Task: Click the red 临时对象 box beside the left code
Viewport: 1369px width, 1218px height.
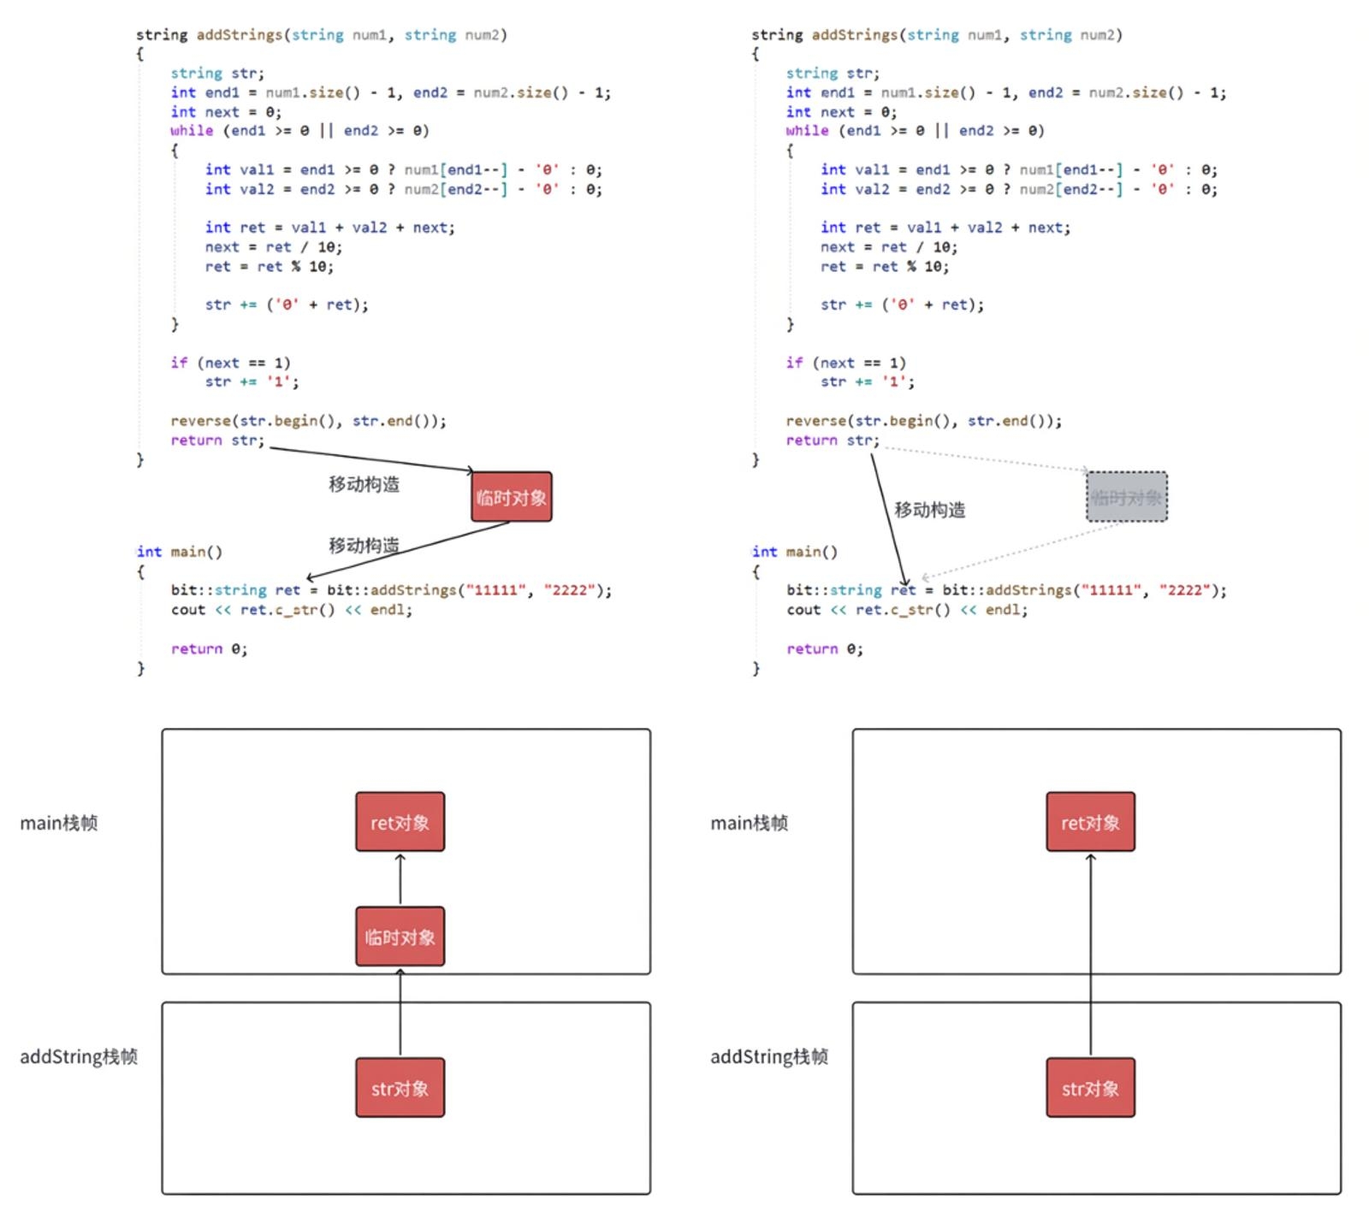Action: (x=511, y=497)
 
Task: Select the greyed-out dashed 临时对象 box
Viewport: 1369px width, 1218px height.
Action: (x=1127, y=497)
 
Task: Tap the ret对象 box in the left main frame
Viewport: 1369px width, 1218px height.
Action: (x=400, y=822)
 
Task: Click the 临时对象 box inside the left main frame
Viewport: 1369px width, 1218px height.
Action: (x=400, y=937)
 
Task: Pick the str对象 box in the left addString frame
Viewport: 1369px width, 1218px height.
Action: (x=400, y=1088)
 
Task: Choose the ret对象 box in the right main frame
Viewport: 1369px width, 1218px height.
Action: (x=1090, y=822)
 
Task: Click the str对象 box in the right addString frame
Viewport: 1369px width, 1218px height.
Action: (x=1090, y=1088)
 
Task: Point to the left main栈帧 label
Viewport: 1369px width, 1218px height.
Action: (x=59, y=823)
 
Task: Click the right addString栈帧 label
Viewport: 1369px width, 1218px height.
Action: (x=769, y=1057)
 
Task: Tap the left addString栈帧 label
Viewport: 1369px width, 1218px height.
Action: (x=79, y=1057)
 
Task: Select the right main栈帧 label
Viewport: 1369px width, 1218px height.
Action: (x=750, y=823)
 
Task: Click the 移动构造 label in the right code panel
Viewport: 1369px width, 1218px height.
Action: (x=930, y=510)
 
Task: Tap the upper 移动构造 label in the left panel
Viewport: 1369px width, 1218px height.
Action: (x=364, y=484)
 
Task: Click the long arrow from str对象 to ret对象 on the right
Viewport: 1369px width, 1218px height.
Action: (x=1091, y=955)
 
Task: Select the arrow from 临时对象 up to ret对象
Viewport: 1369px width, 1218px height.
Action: (x=400, y=879)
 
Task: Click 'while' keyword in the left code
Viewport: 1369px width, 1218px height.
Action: (x=192, y=131)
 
